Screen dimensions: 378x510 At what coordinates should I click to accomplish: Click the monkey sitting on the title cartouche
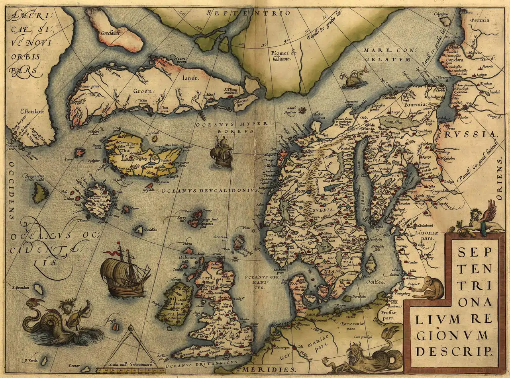429,288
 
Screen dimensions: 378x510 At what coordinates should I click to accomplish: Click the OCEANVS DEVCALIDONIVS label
210,191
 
